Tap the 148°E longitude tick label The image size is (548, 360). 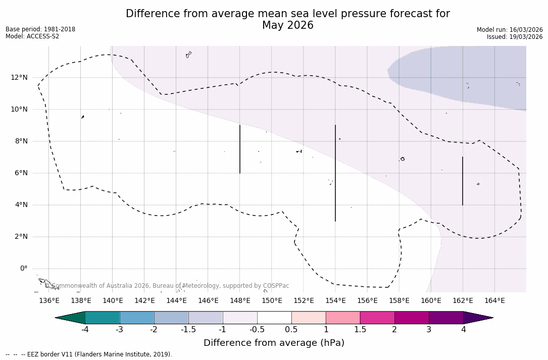tap(240, 301)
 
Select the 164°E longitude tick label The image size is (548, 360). tap(494, 301)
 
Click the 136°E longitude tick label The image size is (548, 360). tap(49, 301)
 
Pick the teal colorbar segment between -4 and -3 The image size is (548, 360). tap(103, 318)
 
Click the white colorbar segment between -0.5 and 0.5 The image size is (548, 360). tap(274, 318)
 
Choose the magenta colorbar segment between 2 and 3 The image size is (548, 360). tap(412, 318)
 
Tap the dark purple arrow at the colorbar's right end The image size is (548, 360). tap(477, 318)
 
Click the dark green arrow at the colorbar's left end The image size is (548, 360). tap(71, 318)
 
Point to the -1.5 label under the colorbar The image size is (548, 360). tap(188, 330)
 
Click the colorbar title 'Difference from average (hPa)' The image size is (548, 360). tap(274, 343)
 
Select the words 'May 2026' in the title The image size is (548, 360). tap(287, 25)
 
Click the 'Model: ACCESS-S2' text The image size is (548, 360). tap(32, 36)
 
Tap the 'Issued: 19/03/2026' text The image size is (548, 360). tap(515, 37)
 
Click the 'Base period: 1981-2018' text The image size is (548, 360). tap(40, 29)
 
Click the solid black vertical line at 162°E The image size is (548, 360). tap(463, 181)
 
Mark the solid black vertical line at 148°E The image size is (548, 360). tap(240, 149)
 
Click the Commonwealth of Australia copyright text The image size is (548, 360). tap(167, 286)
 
